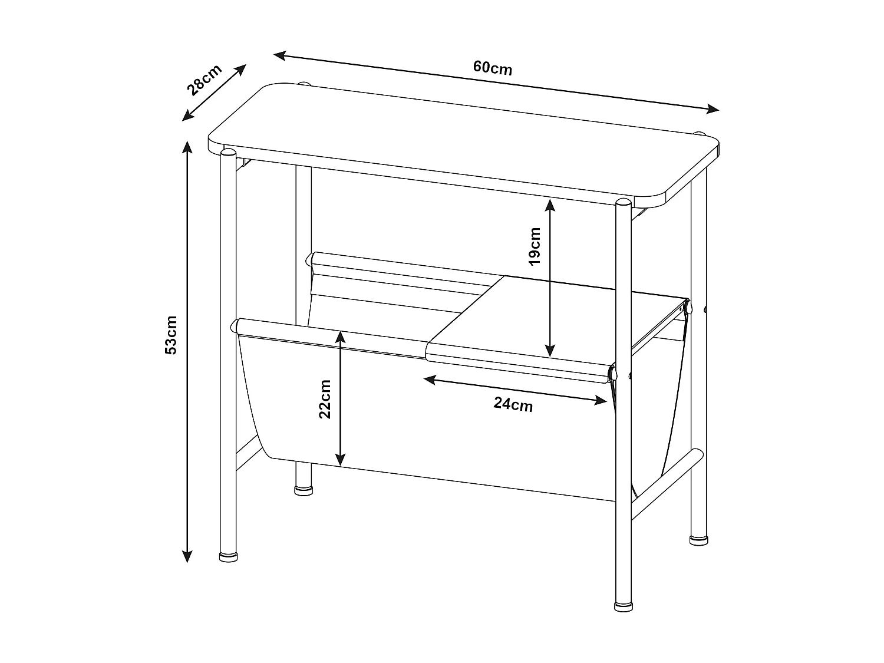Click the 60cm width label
tap(493, 68)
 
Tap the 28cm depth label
tap(204, 80)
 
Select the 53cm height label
tap(171, 335)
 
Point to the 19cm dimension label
tap(535, 246)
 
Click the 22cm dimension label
tap(325, 398)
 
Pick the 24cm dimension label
tap(513, 404)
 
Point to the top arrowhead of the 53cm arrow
tap(187, 147)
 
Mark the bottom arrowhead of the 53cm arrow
tap(187, 556)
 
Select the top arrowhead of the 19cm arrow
tap(550, 205)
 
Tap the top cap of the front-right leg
tap(622, 203)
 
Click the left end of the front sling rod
tap(237, 324)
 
